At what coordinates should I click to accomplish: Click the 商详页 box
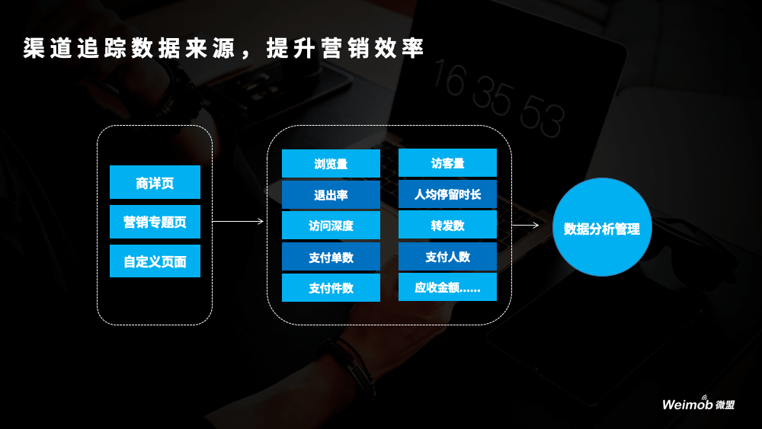(x=155, y=183)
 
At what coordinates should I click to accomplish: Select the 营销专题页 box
(x=155, y=223)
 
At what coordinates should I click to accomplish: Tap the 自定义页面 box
(x=155, y=261)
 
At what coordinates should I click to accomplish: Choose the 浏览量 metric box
(x=331, y=164)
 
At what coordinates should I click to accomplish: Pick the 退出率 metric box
(x=331, y=195)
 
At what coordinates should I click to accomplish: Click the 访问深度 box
(x=331, y=226)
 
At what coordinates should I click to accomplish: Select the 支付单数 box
(x=331, y=258)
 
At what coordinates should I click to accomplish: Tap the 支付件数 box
(x=331, y=288)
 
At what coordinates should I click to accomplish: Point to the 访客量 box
(x=447, y=164)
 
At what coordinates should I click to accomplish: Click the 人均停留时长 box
(x=447, y=195)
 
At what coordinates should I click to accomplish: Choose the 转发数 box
(x=447, y=226)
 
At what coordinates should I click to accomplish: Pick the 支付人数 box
(x=447, y=258)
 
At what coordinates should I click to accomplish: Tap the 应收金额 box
(x=447, y=288)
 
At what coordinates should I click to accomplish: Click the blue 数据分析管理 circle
(x=602, y=228)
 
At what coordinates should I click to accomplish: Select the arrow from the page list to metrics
(x=238, y=222)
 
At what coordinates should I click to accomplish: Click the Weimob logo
(x=698, y=405)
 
